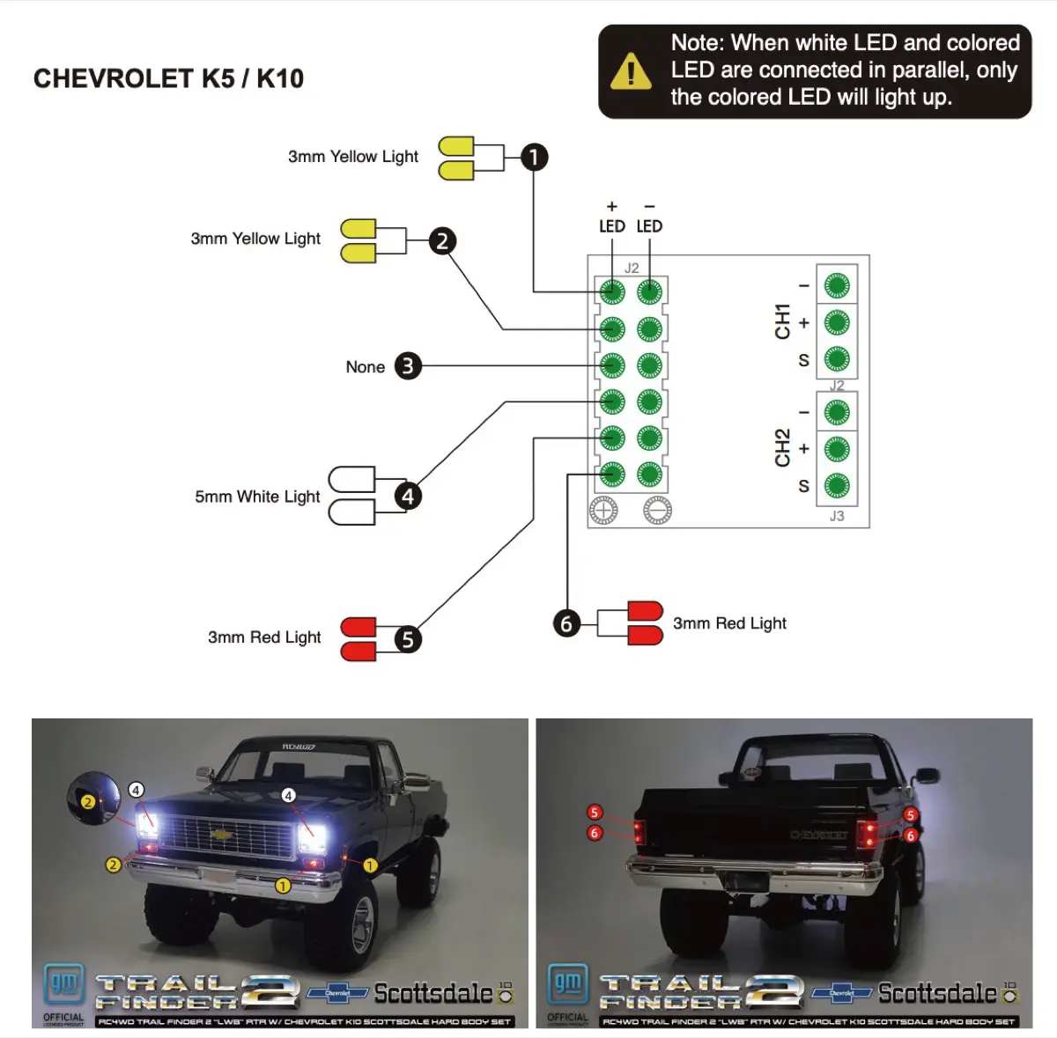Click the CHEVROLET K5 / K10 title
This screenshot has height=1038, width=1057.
(168, 78)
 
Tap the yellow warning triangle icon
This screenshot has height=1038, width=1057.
(631, 71)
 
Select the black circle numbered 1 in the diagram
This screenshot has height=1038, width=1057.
(534, 158)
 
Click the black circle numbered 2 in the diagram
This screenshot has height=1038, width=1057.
(442, 240)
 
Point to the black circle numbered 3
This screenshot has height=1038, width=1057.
(407, 366)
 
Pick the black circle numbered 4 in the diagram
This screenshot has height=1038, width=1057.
(407, 497)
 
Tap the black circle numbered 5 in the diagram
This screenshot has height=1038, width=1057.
(407, 639)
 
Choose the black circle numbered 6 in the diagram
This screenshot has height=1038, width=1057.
(566, 624)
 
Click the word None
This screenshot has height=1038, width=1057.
(365, 367)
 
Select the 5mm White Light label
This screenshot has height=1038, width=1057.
(257, 497)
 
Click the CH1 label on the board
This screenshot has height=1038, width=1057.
(782, 322)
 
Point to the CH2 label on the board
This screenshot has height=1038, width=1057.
(782, 448)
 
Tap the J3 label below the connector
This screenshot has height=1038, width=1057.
(836, 516)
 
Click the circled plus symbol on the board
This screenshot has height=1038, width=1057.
(603, 510)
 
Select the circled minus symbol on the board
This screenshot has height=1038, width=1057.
(657, 510)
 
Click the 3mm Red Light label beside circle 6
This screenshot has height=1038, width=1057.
(729, 623)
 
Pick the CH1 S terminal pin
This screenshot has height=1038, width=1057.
(836, 359)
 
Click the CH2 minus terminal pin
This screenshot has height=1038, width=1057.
(836, 412)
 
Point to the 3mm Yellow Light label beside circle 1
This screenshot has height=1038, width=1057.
(352, 157)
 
